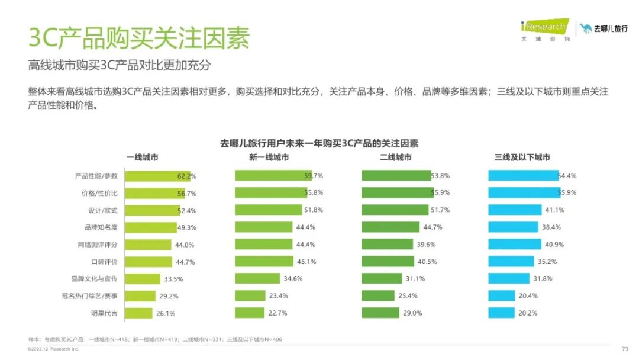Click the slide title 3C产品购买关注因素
point(140,38)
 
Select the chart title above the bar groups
point(319,143)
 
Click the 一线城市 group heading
point(142,157)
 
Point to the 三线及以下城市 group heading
point(522,157)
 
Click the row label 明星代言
point(104,313)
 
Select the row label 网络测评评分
point(97,245)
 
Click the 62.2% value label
point(186,176)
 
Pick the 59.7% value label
point(314,176)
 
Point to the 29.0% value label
point(412,313)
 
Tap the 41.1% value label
point(555,210)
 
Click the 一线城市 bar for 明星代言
point(131,313)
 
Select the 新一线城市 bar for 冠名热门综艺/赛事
point(250,296)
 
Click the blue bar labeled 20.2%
point(501,313)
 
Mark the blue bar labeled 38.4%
point(513,227)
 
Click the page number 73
point(625,349)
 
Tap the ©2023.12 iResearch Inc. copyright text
point(53,349)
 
